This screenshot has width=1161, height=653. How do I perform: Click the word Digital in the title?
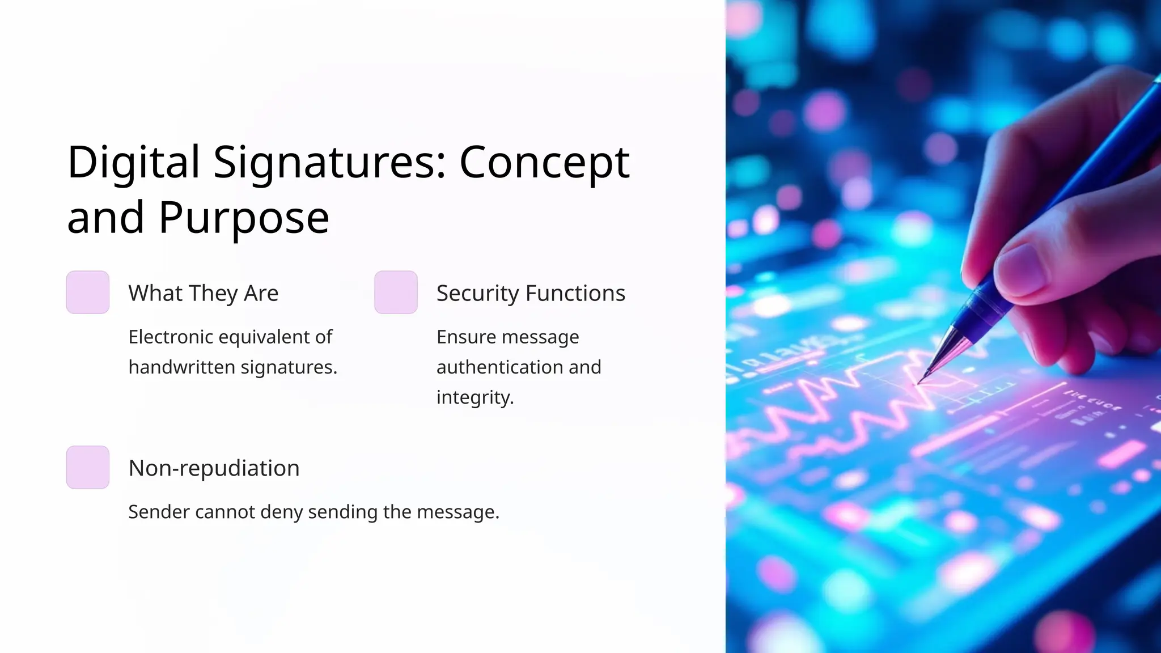(133, 163)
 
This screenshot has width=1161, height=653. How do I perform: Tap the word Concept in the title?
(544, 163)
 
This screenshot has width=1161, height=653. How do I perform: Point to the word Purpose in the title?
(244, 218)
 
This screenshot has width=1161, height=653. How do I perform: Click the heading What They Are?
(204, 293)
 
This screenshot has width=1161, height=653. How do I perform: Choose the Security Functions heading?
(531, 293)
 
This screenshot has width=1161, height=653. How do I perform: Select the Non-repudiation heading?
(214, 468)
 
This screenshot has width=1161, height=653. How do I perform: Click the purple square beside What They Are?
(88, 292)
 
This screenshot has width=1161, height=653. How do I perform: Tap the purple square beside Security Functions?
(396, 292)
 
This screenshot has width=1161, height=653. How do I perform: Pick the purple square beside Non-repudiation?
(88, 468)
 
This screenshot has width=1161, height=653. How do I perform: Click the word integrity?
(474, 397)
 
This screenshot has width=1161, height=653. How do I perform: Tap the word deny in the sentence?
(281, 512)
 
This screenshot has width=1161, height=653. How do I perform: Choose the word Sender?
(159, 512)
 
